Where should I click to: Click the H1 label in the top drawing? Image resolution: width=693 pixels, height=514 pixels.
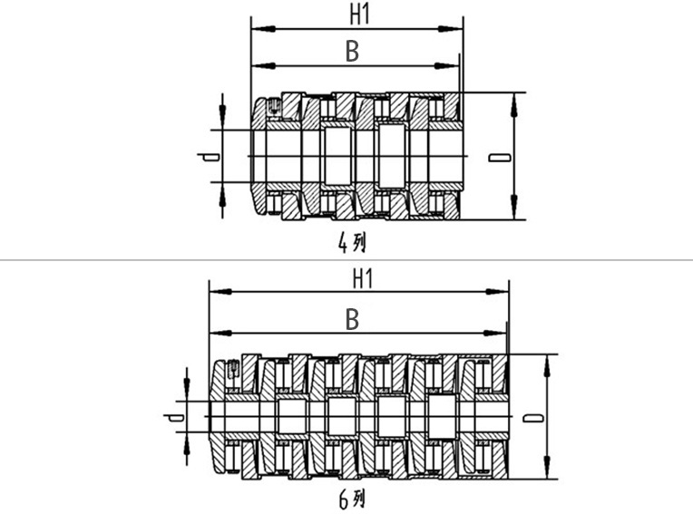click(x=359, y=15)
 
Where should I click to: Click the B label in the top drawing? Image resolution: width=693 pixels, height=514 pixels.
click(x=352, y=52)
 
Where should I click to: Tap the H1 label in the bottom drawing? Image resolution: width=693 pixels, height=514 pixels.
click(x=363, y=279)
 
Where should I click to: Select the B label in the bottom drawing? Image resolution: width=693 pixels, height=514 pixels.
click(x=352, y=319)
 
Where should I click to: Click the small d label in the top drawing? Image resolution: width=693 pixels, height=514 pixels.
click(x=208, y=157)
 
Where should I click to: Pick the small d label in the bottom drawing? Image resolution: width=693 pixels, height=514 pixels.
click(x=174, y=417)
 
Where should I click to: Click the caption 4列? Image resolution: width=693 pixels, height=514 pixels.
click(x=352, y=243)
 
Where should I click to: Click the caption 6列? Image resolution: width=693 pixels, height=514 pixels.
click(x=352, y=499)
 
